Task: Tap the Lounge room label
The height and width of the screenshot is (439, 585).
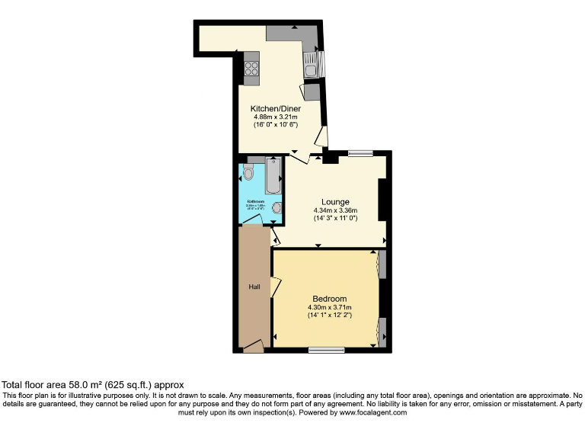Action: tap(336, 202)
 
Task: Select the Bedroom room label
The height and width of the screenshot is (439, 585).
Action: tap(329, 298)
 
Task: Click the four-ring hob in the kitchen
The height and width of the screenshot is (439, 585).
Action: tap(251, 66)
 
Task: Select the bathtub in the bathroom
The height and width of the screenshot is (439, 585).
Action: tap(273, 175)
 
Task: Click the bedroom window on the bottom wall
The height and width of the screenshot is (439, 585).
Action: tap(326, 350)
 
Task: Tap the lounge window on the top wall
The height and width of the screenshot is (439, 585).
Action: tap(360, 153)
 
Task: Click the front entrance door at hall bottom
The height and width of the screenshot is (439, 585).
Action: tap(254, 348)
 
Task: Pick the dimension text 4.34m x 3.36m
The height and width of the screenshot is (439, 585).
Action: tap(336, 210)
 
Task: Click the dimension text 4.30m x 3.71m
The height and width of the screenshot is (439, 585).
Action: tap(329, 306)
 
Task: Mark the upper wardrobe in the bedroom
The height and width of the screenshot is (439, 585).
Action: tap(382, 263)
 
